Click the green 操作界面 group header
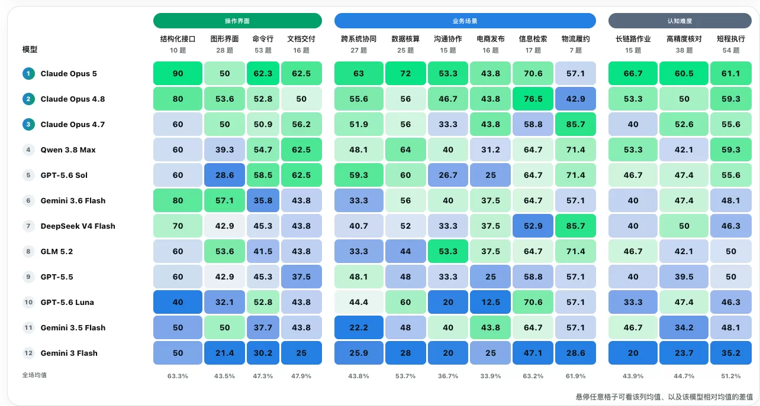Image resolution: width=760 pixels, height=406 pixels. pyautogui.click(x=237, y=21)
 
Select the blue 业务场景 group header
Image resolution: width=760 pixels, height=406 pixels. pyautogui.click(x=465, y=21)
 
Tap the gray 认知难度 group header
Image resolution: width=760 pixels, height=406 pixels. pyautogui.click(x=680, y=21)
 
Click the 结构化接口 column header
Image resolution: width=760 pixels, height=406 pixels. pyautogui.click(x=178, y=39)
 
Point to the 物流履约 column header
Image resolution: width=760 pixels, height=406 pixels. pyautogui.click(x=575, y=39)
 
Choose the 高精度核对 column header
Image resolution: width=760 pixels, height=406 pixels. pyautogui.click(x=684, y=39)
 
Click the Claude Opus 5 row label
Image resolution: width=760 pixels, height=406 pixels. pyautogui.click(x=69, y=73)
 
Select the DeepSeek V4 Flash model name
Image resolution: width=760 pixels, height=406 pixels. pyautogui.click(x=78, y=226)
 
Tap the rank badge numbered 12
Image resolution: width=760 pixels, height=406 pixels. pyautogui.click(x=28, y=353)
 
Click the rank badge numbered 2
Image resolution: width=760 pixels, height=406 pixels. pyautogui.click(x=28, y=99)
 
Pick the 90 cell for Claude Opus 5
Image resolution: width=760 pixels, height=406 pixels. pyautogui.click(x=178, y=73)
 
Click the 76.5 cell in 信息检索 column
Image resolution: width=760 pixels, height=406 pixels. pyautogui.click(x=533, y=99)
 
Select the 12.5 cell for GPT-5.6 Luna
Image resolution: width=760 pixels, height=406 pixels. pyautogui.click(x=490, y=302)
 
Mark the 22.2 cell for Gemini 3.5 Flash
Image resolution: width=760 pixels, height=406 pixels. pyautogui.click(x=359, y=327)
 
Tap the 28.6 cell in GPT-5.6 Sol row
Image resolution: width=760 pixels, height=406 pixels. pyautogui.click(x=224, y=175)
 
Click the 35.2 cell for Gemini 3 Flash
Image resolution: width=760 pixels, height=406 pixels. pyautogui.click(x=731, y=352)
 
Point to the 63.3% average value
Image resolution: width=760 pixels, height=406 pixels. pyautogui.click(x=178, y=376)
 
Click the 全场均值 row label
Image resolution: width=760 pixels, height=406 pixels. pyautogui.click(x=34, y=375)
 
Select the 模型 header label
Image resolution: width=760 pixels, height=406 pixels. pyautogui.click(x=30, y=50)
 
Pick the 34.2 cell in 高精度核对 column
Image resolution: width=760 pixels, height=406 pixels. pyautogui.click(x=684, y=327)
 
